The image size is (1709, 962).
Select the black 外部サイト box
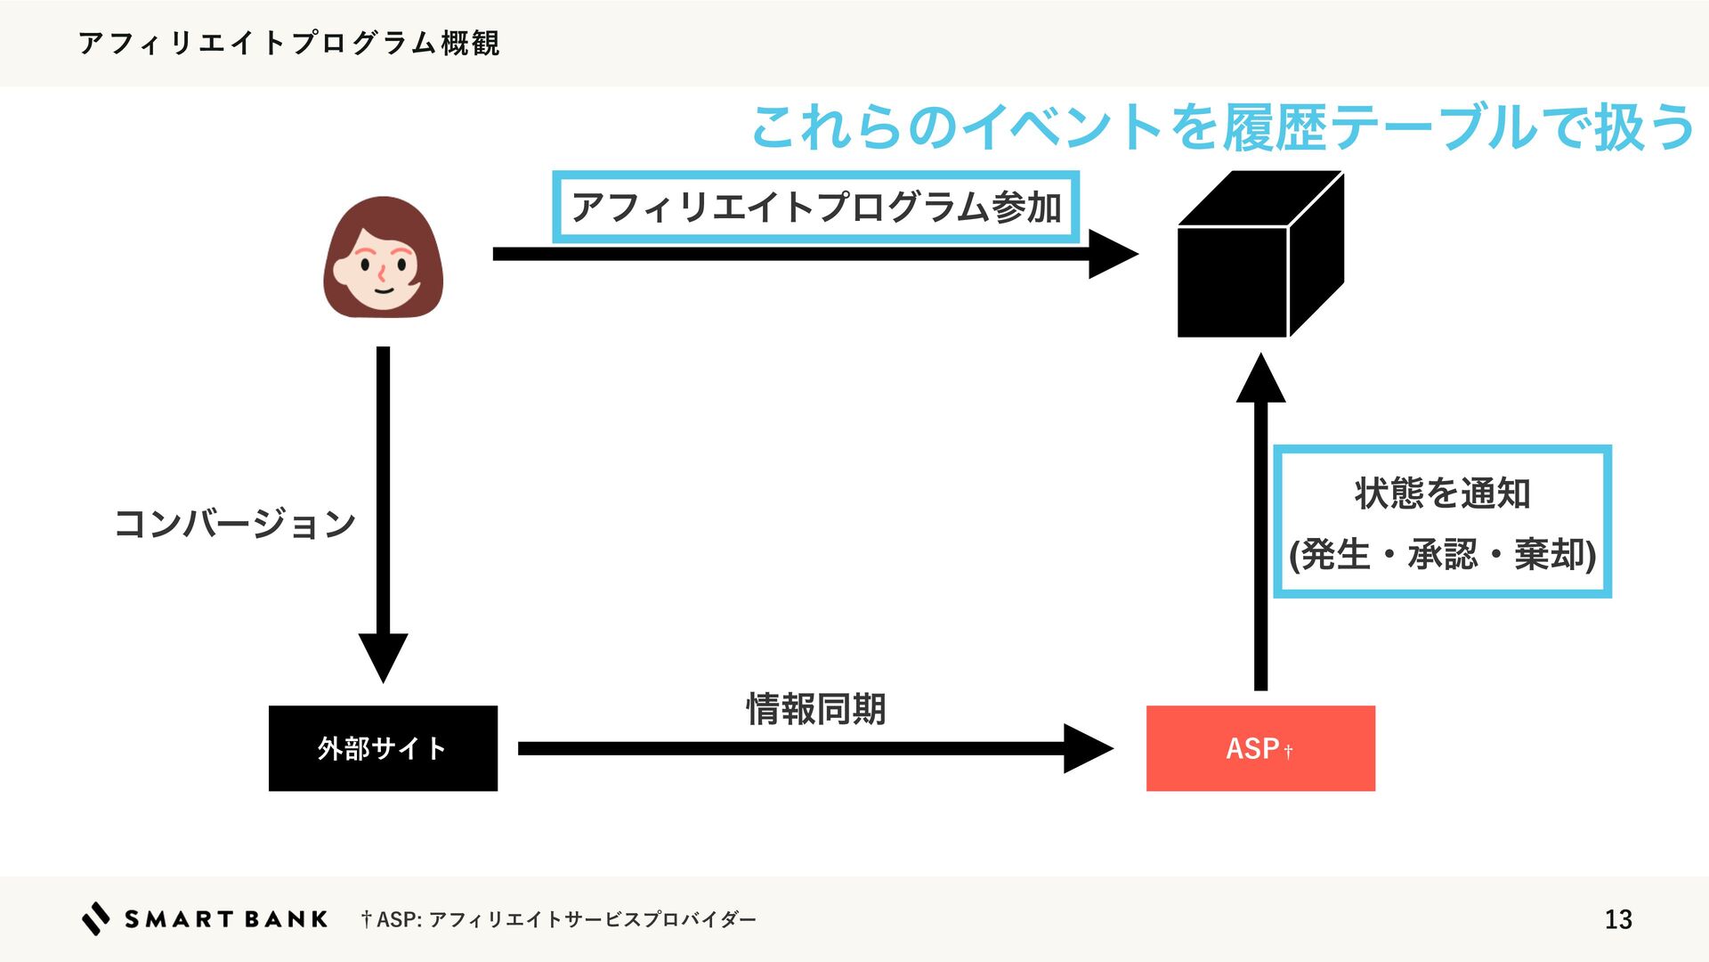[x=383, y=748]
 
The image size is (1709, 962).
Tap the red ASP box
[x=1260, y=748]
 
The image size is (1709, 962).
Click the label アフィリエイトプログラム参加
[x=815, y=207]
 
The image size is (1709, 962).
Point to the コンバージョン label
[x=235, y=523]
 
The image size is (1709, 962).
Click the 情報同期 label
[x=815, y=709]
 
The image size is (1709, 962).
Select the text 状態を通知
[x=1442, y=493]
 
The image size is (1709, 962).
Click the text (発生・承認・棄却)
[x=1442, y=554]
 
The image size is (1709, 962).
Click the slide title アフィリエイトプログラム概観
[x=289, y=43]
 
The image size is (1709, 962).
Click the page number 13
[x=1617, y=919]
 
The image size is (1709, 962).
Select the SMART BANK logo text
[x=226, y=919]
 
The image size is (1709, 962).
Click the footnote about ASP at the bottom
[x=558, y=919]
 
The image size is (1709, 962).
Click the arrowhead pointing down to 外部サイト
[x=383, y=656]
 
